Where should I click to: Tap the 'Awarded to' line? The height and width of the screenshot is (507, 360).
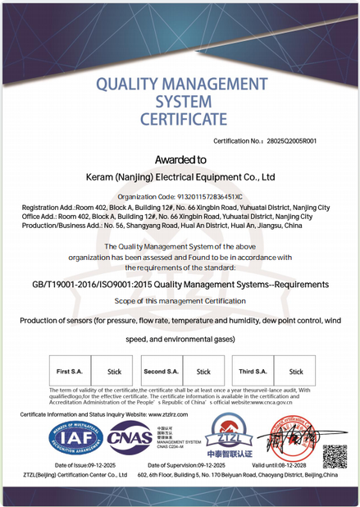click(180, 159)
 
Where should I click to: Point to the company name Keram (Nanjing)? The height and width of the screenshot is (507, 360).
click(123, 176)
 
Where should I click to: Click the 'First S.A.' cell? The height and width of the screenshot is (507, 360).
click(69, 372)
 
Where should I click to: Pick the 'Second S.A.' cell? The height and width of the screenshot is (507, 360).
click(161, 372)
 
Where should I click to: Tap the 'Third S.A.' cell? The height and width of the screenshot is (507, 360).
click(253, 372)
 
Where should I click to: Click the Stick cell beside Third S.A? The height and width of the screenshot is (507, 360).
click(295, 372)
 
